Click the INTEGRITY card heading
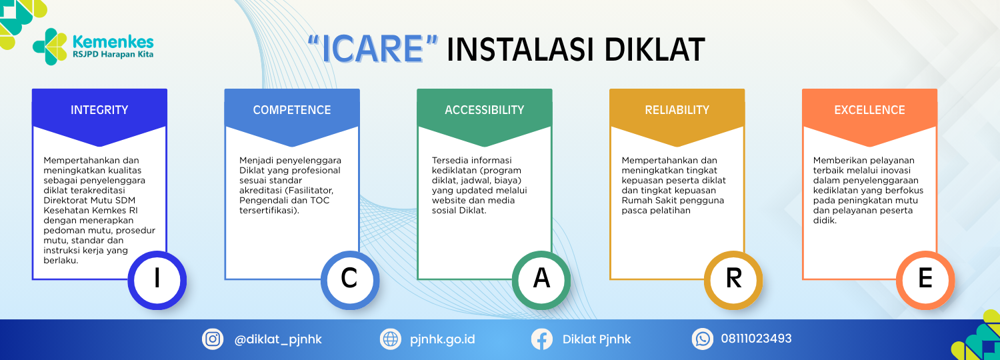tap(99, 110)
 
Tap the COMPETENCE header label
tap(292, 110)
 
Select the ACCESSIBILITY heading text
tap(485, 110)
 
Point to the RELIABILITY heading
tap(677, 110)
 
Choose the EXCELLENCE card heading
tap(869, 110)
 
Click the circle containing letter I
tap(157, 280)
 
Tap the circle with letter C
tap(349, 280)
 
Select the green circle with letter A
tap(541, 280)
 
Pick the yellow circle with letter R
tap(733, 280)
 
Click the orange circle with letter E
tap(925, 280)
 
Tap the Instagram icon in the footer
tap(213, 339)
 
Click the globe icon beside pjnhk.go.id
tap(391, 339)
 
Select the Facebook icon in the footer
tap(542, 339)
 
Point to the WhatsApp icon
tap(703, 339)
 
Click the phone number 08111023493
tap(756, 339)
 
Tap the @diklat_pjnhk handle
tap(278, 339)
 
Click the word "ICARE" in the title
tap(373, 49)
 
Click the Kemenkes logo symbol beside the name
tap(49, 47)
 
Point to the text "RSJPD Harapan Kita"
tap(113, 55)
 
